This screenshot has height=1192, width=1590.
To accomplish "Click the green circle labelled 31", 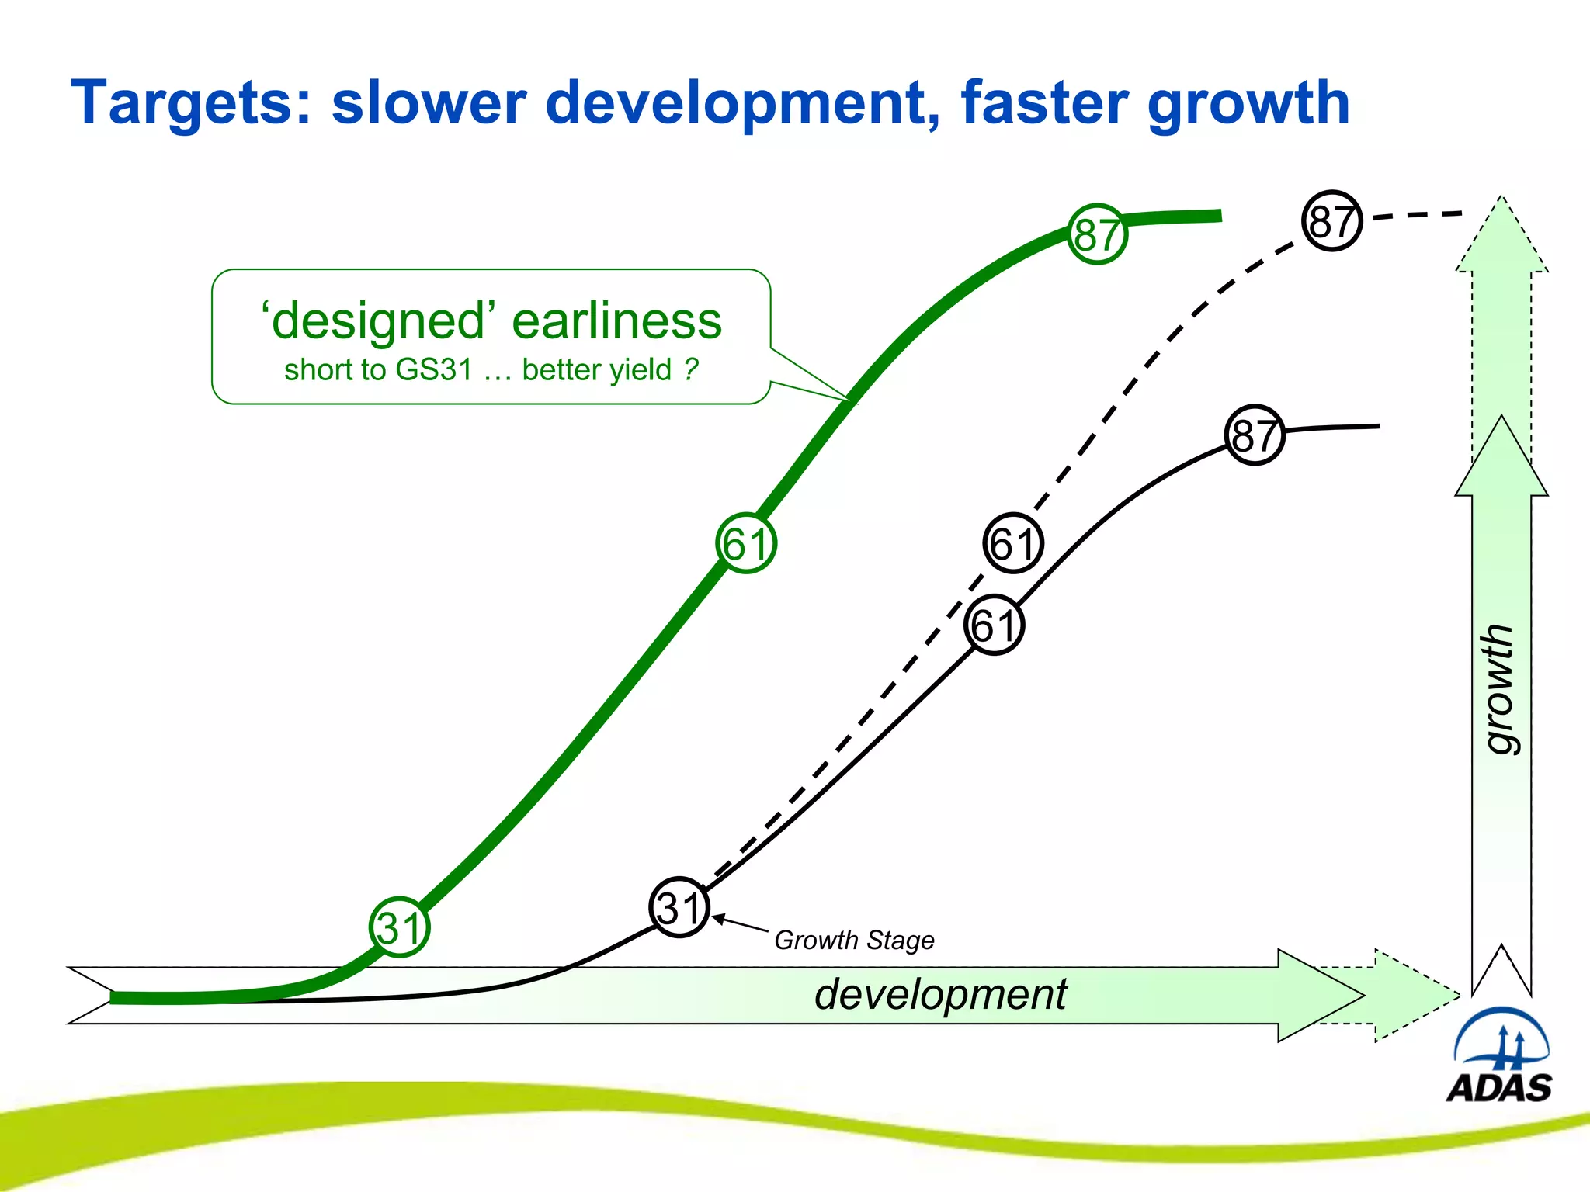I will (399, 927).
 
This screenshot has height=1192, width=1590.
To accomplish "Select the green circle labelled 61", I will (745, 543).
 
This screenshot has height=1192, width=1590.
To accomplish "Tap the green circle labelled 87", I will (1097, 234).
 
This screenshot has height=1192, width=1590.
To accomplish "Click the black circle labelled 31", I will (679, 907).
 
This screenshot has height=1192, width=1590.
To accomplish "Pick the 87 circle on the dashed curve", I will (1331, 220).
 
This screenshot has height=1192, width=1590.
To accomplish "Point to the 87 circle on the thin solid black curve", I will (1254, 435).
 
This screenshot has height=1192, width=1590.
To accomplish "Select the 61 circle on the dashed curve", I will (1013, 543).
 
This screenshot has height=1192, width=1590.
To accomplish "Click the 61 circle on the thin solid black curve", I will (994, 625).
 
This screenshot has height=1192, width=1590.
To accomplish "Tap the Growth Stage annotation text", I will (854, 940).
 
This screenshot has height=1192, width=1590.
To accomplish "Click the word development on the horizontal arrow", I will (940, 994).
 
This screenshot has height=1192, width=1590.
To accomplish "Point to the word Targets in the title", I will (191, 103).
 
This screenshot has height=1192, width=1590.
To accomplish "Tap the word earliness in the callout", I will (617, 321).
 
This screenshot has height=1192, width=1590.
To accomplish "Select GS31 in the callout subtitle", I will (433, 370).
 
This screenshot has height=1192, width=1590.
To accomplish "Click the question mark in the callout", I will (691, 369).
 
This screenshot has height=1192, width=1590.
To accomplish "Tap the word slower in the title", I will (429, 103).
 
